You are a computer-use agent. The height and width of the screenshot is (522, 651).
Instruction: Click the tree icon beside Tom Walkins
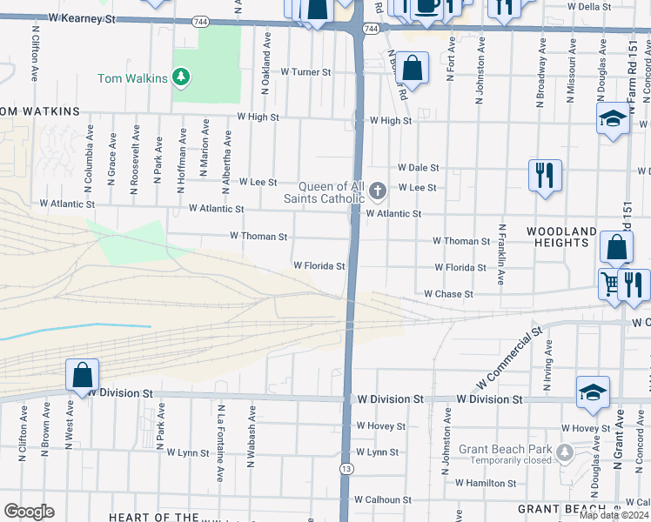[181, 78]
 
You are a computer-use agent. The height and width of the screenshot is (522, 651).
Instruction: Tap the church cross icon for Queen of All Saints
[377, 190]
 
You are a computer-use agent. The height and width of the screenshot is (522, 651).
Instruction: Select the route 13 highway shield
[346, 469]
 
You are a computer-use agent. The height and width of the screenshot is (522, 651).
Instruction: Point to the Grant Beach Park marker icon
[565, 452]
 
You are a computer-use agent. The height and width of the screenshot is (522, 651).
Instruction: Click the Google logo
[29, 512]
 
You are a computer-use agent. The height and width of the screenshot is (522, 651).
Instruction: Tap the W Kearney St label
[82, 17]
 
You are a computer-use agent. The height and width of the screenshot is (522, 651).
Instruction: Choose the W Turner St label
[306, 72]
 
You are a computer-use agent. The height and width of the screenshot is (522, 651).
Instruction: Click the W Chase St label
[448, 295]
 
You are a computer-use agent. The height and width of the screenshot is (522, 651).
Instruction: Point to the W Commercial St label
[509, 358]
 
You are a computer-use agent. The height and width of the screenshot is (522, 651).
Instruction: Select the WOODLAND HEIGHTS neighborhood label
[562, 237]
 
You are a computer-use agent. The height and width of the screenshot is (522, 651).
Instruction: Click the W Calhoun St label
[382, 500]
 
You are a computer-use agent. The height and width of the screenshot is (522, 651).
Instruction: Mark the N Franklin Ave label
[502, 255]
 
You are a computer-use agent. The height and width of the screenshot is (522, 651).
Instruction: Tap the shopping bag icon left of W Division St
[82, 375]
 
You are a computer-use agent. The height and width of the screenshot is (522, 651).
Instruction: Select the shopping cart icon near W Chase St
[611, 282]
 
